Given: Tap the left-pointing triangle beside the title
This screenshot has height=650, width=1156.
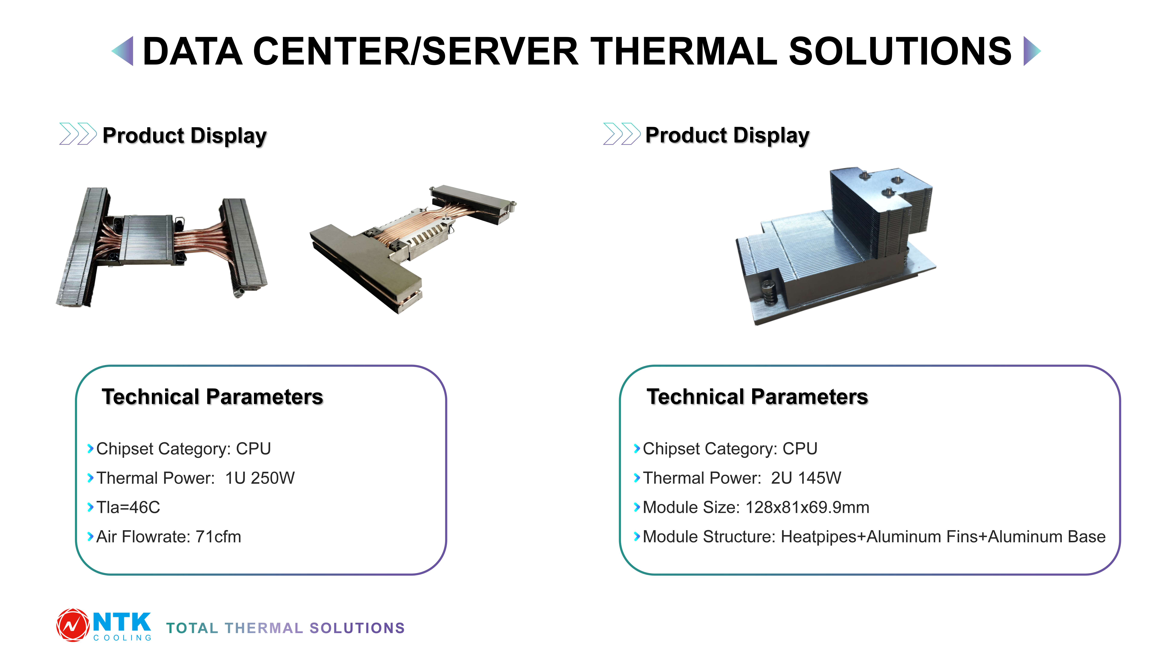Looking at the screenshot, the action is pos(124,51).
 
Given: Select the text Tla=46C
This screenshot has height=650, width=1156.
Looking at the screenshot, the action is pos(128,507).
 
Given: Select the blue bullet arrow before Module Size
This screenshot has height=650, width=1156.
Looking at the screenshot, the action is pos(637,507).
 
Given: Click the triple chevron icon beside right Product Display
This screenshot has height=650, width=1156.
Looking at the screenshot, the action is pos(622,134).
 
